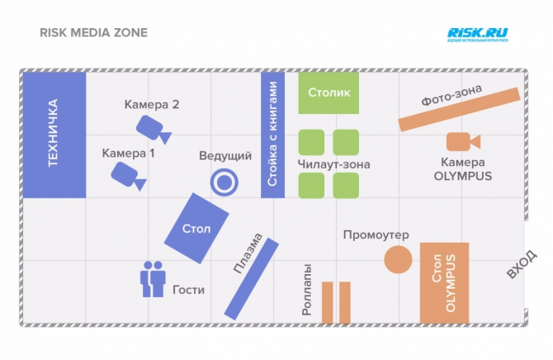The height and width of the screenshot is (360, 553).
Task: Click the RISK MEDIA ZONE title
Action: (x=93, y=34)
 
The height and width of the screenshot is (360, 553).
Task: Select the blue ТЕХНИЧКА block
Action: (x=53, y=135)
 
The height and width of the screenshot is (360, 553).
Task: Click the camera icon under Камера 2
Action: (x=152, y=127)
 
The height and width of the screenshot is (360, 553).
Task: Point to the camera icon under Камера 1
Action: (x=127, y=174)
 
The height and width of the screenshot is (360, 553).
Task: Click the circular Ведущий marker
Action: (x=224, y=182)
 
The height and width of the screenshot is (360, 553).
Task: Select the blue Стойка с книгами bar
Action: (x=272, y=135)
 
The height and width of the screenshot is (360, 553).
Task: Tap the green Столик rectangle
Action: (x=328, y=93)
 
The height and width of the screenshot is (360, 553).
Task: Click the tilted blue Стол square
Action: (x=196, y=228)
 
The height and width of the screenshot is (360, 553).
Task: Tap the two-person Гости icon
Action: (x=153, y=279)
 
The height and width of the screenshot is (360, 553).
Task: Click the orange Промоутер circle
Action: (x=398, y=260)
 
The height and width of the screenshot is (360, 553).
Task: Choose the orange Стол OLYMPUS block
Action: (x=450, y=282)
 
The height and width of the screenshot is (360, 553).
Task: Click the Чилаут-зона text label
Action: (x=333, y=164)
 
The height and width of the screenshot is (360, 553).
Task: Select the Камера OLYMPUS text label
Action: (x=462, y=168)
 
